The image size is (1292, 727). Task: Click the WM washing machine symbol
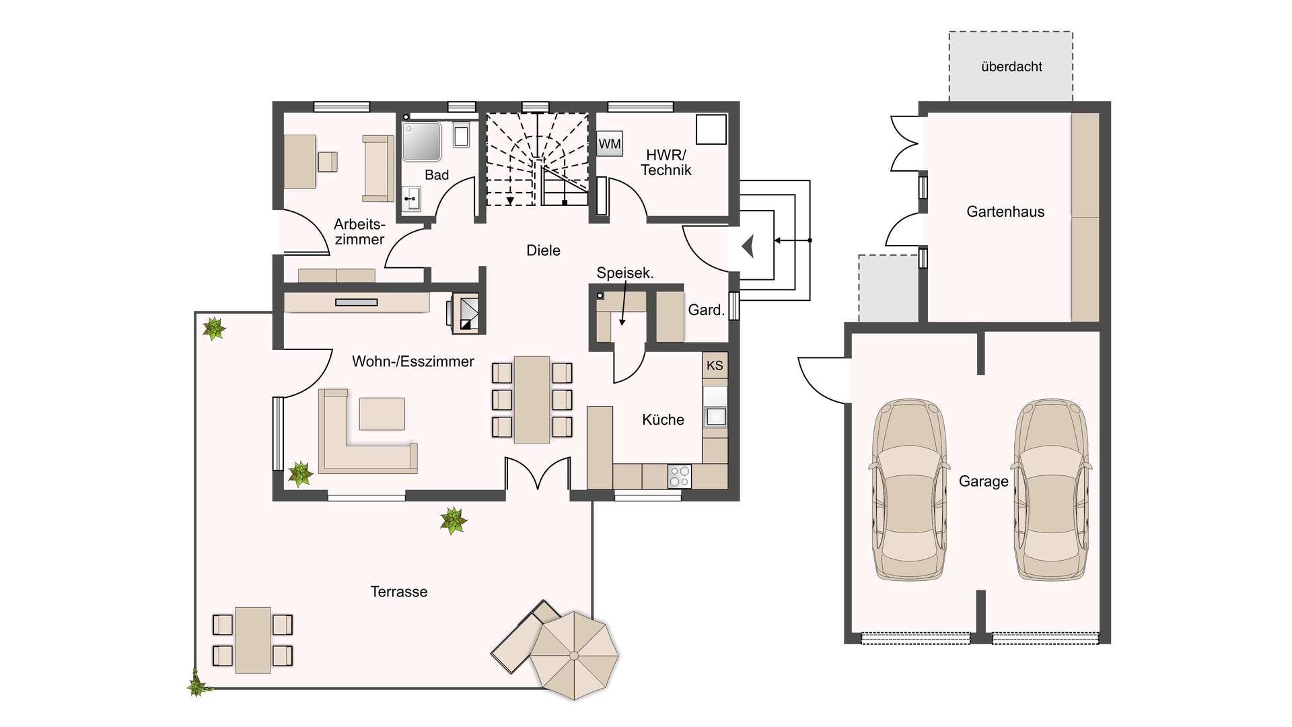pyautogui.click(x=610, y=143)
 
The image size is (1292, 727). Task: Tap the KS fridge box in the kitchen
pyautogui.click(x=715, y=365)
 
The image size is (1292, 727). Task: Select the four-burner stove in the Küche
pyautogui.click(x=679, y=477)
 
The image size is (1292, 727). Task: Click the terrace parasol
pyautogui.click(x=574, y=655)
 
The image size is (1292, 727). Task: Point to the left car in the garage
pyautogui.click(x=909, y=489)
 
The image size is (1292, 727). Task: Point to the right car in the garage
pyautogui.click(x=1051, y=489)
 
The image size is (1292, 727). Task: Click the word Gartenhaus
pyautogui.click(x=1005, y=211)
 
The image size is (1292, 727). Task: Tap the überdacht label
pyautogui.click(x=1011, y=67)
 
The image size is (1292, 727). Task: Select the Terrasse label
pyautogui.click(x=399, y=592)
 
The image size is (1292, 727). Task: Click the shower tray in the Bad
pyautogui.click(x=421, y=141)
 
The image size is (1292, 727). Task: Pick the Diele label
pyautogui.click(x=543, y=250)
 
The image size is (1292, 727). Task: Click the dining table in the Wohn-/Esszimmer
pyautogui.click(x=532, y=400)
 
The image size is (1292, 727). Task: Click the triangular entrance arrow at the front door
pyautogui.click(x=748, y=246)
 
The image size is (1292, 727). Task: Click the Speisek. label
pyautogui.click(x=625, y=273)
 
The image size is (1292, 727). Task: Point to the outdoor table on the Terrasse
pyautogui.click(x=253, y=640)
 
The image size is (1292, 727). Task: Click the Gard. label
pyautogui.click(x=706, y=310)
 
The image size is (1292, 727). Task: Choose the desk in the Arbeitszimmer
pyautogui.click(x=300, y=162)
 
